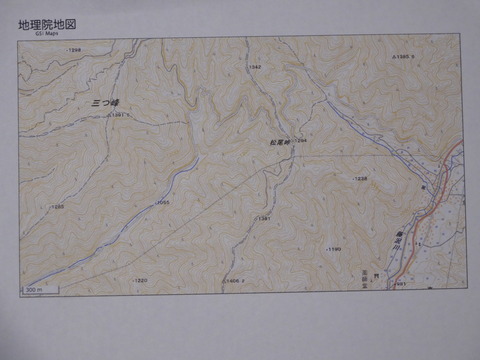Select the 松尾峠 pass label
(279, 143)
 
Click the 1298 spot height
(73, 50)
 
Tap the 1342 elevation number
(254, 67)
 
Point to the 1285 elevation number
(57, 207)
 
